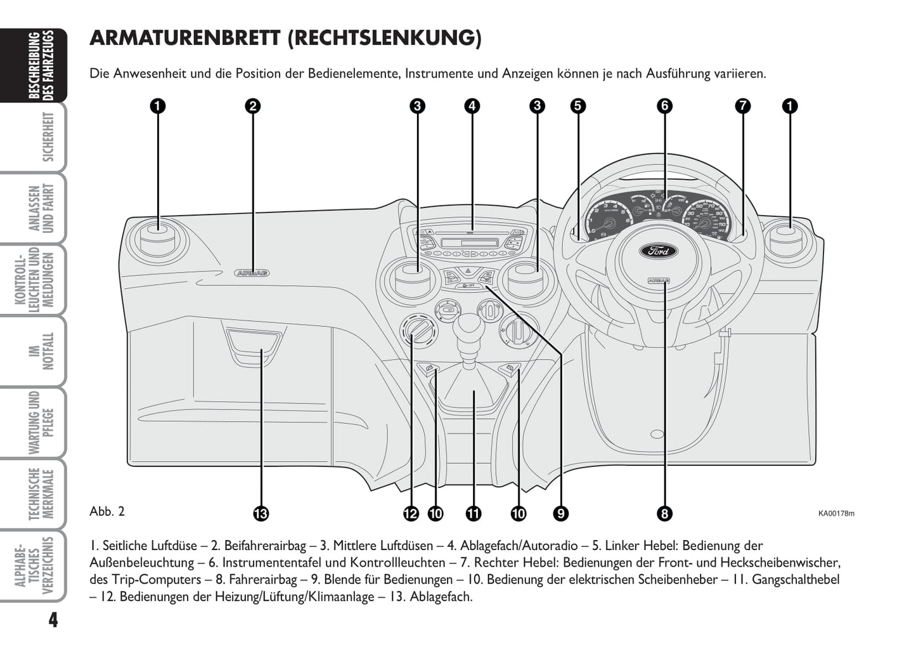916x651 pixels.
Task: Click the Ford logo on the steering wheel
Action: click(x=657, y=250)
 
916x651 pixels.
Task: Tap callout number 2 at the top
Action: click(x=252, y=106)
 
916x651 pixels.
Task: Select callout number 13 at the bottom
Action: click(x=261, y=513)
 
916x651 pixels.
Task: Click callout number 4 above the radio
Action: click(x=472, y=106)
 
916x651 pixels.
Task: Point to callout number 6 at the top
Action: click(x=664, y=106)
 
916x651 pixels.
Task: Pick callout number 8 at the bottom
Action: click(x=664, y=513)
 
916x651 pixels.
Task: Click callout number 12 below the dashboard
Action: click(x=411, y=513)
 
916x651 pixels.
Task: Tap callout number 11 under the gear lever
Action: click(x=473, y=513)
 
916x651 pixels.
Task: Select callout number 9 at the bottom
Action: click(x=560, y=513)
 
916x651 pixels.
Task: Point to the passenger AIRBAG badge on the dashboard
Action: click(x=252, y=273)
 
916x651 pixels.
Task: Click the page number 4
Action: click(x=53, y=620)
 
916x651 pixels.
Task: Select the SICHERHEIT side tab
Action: click(x=48, y=137)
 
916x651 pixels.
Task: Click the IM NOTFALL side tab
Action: click(x=48, y=351)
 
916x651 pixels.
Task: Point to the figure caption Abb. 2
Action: click(x=107, y=511)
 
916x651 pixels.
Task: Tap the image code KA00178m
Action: click(x=835, y=513)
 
